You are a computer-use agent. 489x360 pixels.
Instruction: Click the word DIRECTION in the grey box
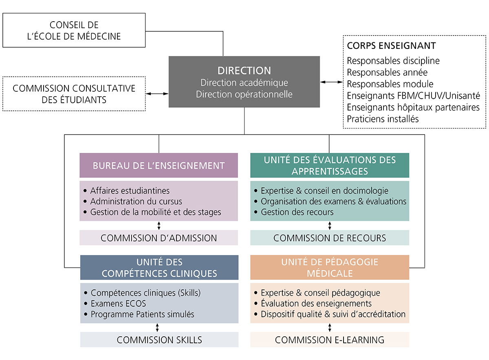tap(244, 70)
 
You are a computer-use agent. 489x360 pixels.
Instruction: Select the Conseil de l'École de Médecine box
tap(74, 31)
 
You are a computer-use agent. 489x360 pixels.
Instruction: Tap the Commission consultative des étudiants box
tap(74, 94)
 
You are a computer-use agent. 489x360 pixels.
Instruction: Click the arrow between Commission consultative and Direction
tap(157, 94)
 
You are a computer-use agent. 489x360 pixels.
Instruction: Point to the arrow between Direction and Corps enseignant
tap(331, 82)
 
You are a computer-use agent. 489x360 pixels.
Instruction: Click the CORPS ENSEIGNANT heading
tap(391, 46)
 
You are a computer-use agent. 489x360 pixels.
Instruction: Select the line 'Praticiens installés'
tap(383, 119)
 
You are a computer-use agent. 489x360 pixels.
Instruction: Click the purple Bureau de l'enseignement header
tap(159, 166)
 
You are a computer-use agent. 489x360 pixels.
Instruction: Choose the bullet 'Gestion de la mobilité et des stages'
tap(155, 212)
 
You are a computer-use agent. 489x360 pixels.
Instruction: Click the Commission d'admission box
tap(159, 238)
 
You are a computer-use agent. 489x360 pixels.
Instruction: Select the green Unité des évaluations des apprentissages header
tap(330, 165)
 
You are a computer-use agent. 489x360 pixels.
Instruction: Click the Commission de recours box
tap(330, 238)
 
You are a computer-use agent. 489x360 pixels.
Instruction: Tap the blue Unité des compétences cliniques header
tap(159, 267)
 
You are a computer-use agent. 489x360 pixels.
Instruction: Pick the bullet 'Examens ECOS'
tap(118, 304)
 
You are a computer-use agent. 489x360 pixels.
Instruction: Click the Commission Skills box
tap(159, 340)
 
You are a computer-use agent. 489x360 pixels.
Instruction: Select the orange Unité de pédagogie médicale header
tap(330, 267)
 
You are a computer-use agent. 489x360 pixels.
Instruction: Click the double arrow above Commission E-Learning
tap(330, 328)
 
